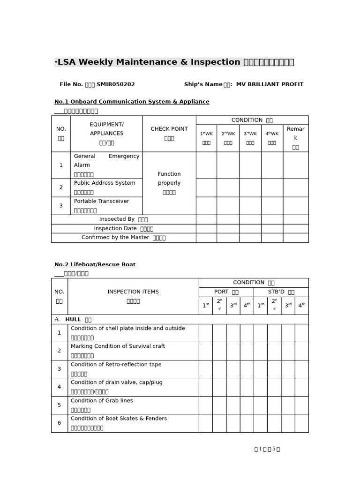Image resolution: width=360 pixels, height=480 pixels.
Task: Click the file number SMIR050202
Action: click(115, 84)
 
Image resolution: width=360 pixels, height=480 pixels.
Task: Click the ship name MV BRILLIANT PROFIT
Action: click(270, 84)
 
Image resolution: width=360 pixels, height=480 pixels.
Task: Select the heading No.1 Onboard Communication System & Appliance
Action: click(132, 102)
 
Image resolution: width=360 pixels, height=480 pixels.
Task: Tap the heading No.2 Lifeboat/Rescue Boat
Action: click(95, 264)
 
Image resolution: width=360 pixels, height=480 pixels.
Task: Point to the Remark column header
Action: click(295, 138)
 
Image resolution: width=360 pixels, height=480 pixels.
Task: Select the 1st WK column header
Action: click(206, 138)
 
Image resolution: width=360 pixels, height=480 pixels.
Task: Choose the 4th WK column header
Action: click(272, 138)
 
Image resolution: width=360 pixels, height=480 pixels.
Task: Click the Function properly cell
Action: click(169, 183)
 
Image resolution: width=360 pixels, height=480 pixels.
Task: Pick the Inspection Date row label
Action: click(123, 228)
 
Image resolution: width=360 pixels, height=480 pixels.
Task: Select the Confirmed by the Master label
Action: click(123, 238)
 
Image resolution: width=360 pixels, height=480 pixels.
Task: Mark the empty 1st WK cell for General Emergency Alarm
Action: click(206, 165)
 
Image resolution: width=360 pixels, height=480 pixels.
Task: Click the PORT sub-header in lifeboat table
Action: click(226, 292)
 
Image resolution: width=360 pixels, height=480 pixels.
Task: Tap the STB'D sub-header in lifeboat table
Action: click(281, 292)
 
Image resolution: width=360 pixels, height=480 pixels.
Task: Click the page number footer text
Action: click(267, 449)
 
